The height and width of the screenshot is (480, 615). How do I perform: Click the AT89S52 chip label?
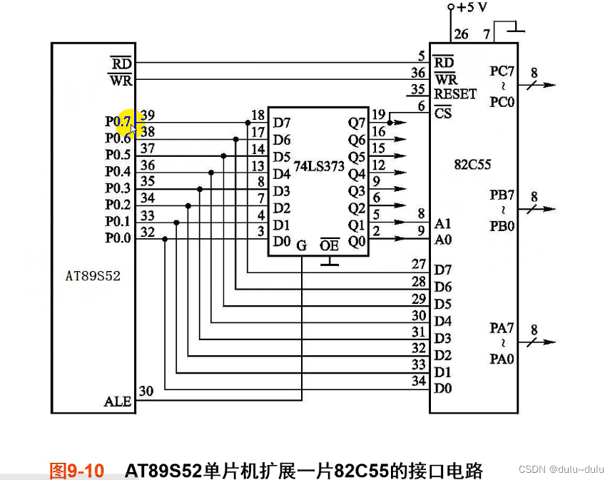click(x=93, y=275)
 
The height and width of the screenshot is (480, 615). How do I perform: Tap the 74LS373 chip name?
click(x=319, y=166)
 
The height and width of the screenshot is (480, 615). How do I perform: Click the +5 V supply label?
click(x=472, y=7)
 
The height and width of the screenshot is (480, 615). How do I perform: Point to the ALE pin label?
click(x=118, y=402)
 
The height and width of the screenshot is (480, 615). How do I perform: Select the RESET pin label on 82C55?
click(x=455, y=94)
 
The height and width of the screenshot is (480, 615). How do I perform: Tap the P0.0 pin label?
click(x=118, y=239)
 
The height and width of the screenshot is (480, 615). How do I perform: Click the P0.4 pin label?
click(x=118, y=171)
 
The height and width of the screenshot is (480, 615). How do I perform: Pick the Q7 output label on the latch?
click(x=356, y=123)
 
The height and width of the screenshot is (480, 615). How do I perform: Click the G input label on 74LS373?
click(x=301, y=245)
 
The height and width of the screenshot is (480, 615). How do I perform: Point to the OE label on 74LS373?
click(x=329, y=245)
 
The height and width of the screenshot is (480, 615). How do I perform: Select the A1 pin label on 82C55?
click(x=443, y=223)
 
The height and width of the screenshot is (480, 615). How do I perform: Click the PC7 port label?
click(x=502, y=71)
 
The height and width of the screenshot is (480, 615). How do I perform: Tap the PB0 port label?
click(x=502, y=226)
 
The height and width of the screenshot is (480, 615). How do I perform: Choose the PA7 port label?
click(x=502, y=327)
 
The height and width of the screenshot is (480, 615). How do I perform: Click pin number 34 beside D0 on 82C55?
click(x=419, y=382)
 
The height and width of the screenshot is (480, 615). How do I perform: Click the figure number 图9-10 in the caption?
click(x=76, y=471)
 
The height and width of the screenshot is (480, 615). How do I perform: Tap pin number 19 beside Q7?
click(x=378, y=114)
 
